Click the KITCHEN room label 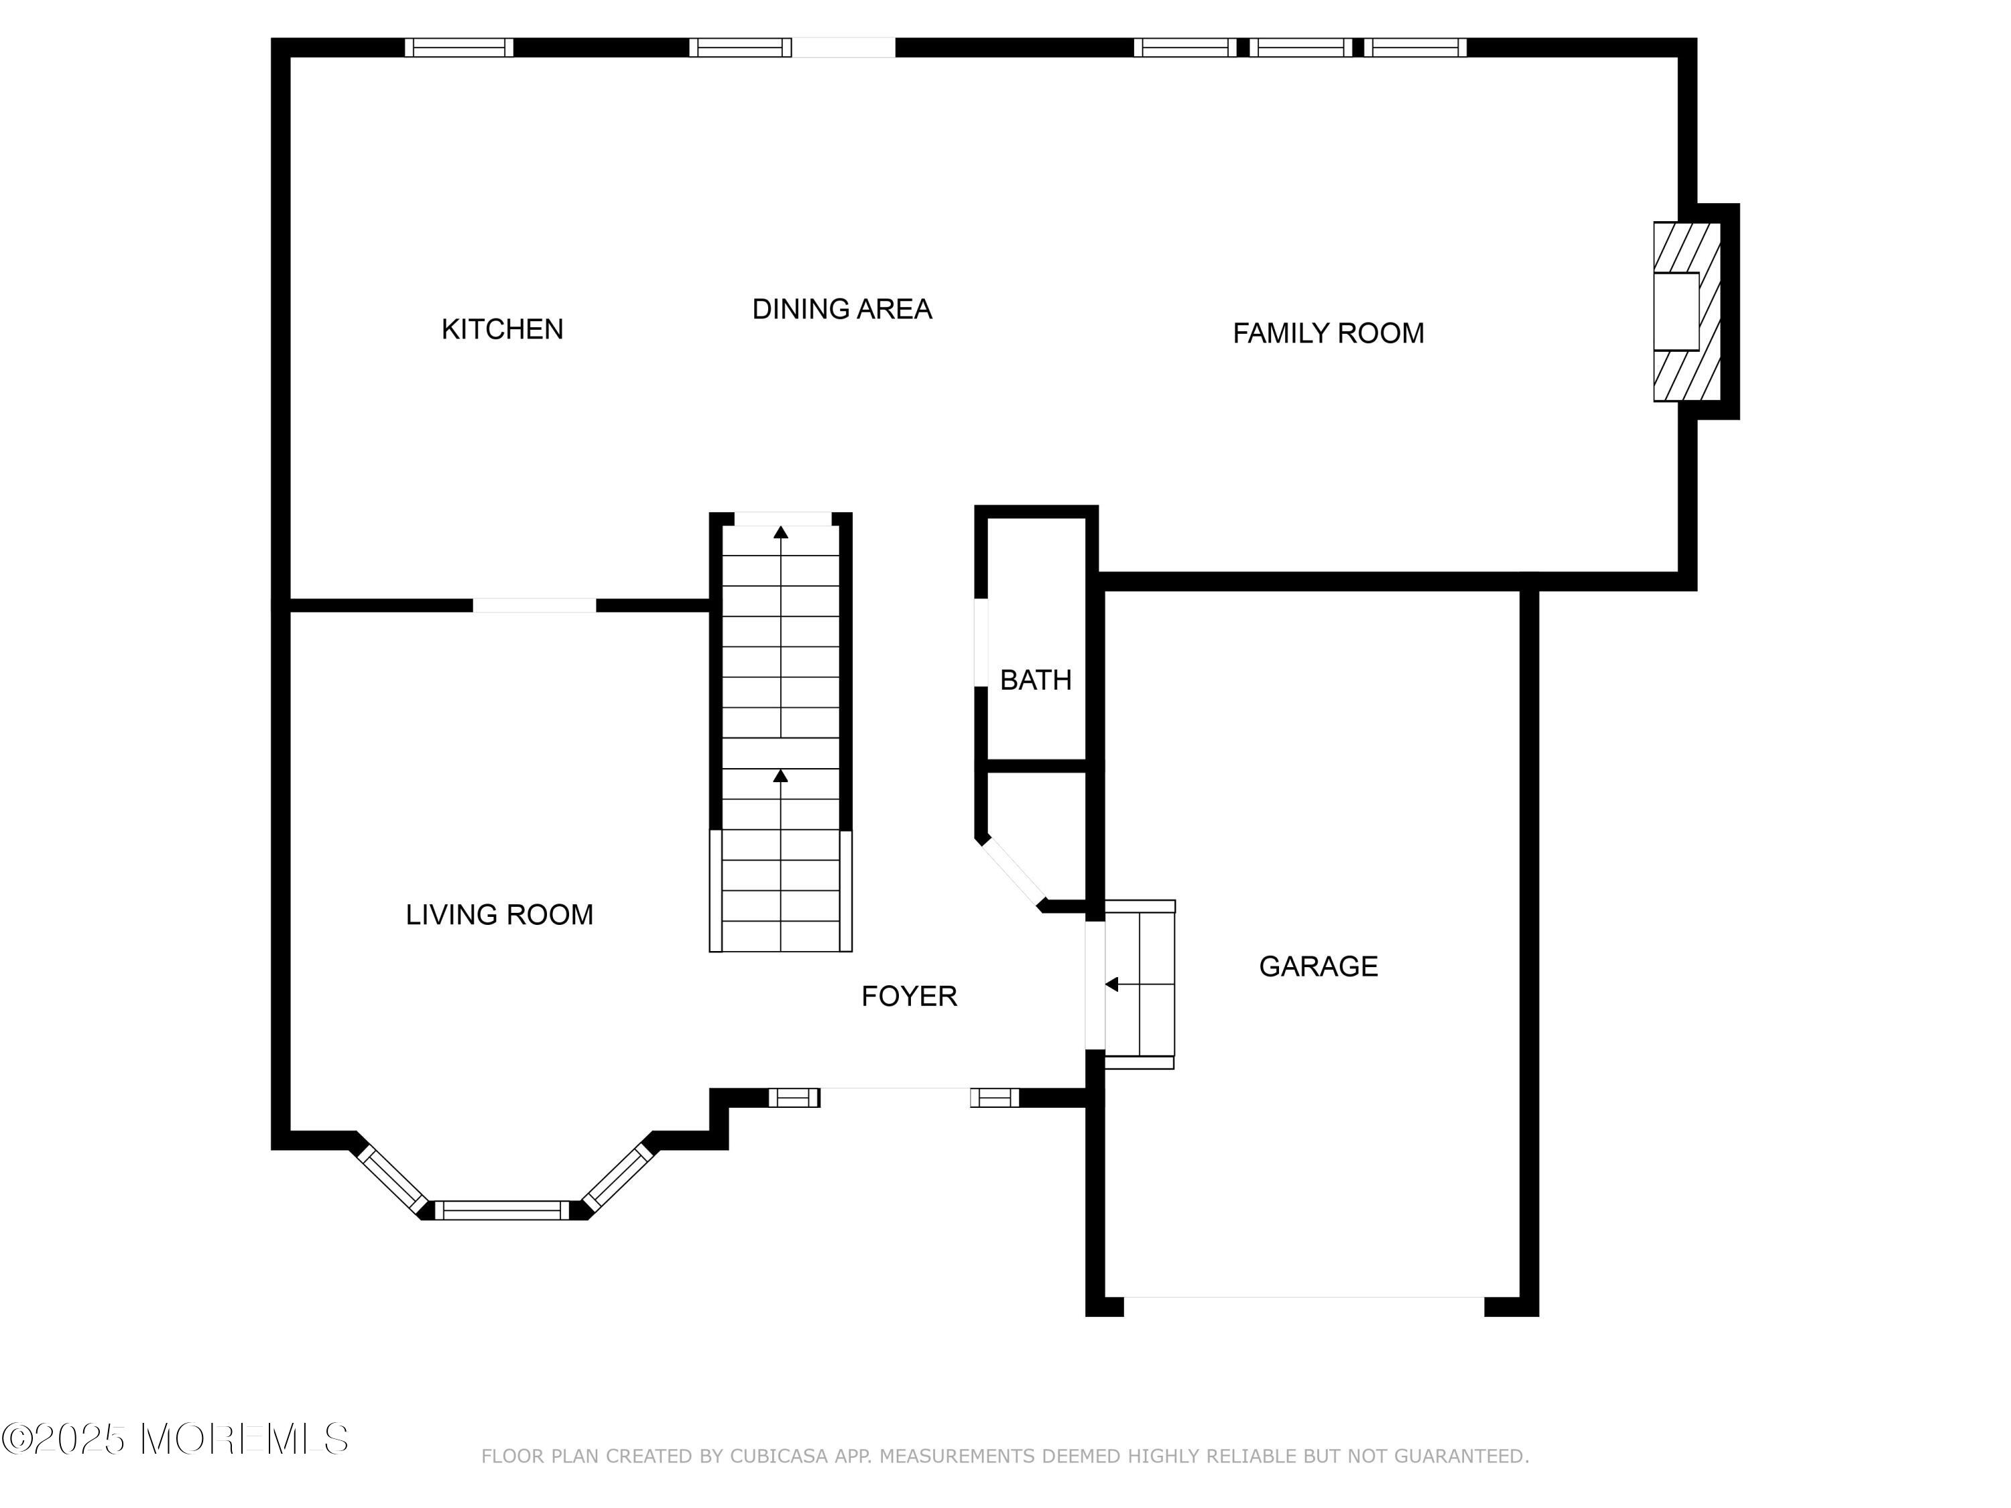(x=502, y=329)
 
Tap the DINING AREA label (x=842, y=309)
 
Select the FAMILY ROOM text (x=1328, y=334)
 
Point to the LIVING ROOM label (x=499, y=914)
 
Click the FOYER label (x=909, y=996)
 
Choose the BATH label (x=1036, y=680)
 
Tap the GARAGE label (x=1319, y=966)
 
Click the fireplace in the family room (x=1687, y=312)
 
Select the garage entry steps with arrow (x=1139, y=985)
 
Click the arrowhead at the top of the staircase (x=781, y=531)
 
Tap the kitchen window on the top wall (x=459, y=48)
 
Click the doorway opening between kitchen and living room (x=534, y=605)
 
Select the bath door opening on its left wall (x=981, y=643)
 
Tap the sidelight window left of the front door (x=794, y=1098)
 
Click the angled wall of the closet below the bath (x=1014, y=873)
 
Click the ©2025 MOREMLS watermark (x=174, y=1439)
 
